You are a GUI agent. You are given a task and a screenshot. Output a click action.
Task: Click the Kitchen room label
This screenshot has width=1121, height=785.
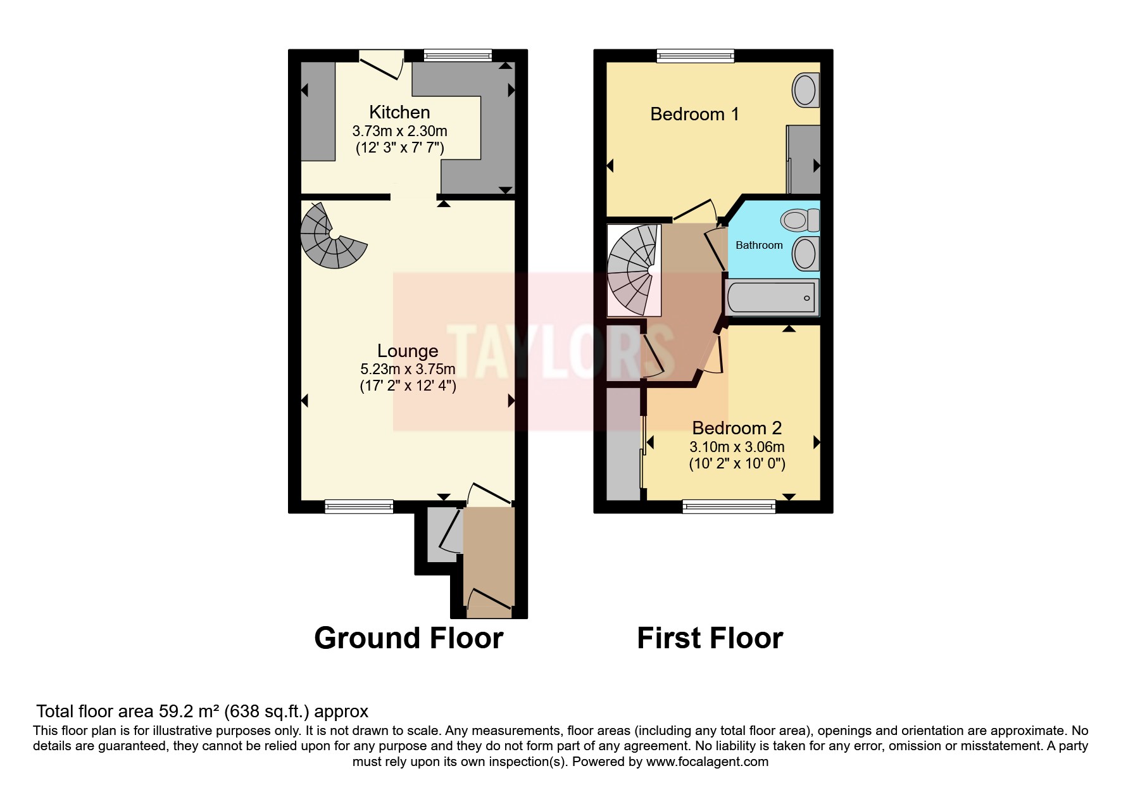coord(399,112)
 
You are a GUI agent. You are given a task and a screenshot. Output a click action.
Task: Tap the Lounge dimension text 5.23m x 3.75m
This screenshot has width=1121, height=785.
coord(408,368)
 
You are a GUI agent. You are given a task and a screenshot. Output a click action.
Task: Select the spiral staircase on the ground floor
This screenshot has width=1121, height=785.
coord(332,237)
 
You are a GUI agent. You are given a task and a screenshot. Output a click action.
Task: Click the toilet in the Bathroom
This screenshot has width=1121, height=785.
coord(799,220)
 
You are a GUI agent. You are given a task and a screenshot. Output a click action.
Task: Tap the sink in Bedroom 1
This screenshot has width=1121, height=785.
coord(805,89)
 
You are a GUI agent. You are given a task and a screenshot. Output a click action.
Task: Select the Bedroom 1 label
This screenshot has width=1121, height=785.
coord(694,114)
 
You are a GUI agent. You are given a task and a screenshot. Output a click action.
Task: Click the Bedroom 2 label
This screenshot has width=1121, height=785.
coord(737,428)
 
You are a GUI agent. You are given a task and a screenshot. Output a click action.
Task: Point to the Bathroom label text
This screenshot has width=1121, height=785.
coord(759,245)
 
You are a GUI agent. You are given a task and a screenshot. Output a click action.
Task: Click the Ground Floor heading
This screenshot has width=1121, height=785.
coord(408,637)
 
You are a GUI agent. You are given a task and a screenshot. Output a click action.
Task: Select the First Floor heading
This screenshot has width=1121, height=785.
coord(710,637)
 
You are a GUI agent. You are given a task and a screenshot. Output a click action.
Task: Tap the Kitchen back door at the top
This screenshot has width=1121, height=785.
coord(382,65)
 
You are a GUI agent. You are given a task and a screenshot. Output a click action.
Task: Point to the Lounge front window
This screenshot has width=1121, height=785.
coord(359,506)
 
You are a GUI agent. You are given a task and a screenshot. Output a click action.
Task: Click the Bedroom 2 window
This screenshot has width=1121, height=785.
coord(729,506)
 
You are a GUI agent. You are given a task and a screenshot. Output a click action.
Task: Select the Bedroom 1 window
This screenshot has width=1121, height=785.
coord(696,56)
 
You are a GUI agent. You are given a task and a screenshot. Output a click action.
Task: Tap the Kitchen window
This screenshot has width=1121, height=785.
coord(458,56)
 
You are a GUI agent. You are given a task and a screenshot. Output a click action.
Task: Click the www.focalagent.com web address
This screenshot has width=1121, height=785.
coord(707,762)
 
